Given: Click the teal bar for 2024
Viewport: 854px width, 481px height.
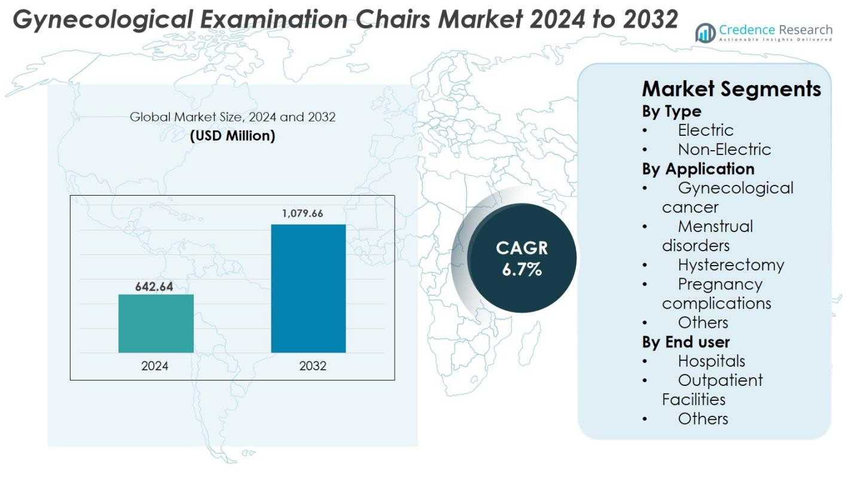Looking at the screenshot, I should pyautogui.click(x=156, y=324).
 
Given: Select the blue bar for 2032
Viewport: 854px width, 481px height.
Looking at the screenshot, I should pyautogui.click(x=309, y=288).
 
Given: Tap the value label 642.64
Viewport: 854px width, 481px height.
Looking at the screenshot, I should pyautogui.click(x=154, y=287).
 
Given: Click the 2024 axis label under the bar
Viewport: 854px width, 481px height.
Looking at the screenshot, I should pyautogui.click(x=155, y=366).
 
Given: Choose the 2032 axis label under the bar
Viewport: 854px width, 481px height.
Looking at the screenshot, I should pyautogui.click(x=313, y=366).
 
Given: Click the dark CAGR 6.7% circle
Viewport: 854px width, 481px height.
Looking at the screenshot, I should pyautogui.click(x=521, y=258).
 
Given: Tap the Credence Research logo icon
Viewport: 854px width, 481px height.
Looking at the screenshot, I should pyautogui.click(x=706, y=33).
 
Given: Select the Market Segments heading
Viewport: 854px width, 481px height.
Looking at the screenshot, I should pyautogui.click(x=731, y=89).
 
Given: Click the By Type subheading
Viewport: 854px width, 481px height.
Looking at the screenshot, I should pyautogui.click(x=672, y=111).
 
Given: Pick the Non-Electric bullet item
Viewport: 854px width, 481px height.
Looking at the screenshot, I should pyautogui.click(x=724, y=149).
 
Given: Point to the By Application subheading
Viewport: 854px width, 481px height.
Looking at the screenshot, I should pyautogui.click(x=698, y=169).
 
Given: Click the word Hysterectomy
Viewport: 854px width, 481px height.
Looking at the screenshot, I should pyautogui.click(x=730, y=264).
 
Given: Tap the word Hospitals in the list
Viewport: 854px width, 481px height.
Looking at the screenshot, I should pyautogui.click(x=711, y=361).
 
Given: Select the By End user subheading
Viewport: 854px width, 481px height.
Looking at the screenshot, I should pyautogui.click(x=686, y=342).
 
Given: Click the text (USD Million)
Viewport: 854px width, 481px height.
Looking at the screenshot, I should pyautogui.click(x=233, y=136).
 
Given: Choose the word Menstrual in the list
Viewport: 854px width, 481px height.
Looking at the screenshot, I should pyautogui.click(x=715, y=226).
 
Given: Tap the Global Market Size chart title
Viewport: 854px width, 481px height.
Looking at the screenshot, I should pyautogui.click(x=233, y=117).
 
